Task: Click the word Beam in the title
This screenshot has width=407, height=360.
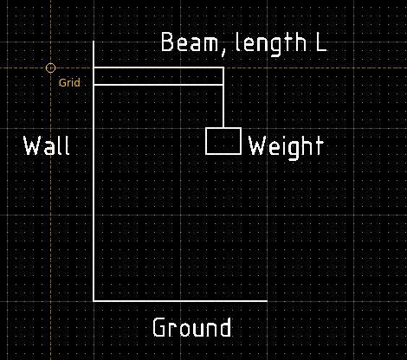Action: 189,42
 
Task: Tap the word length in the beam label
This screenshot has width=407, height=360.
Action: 271,44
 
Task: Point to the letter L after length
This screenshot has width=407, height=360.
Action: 321,42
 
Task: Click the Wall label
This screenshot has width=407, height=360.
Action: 46,145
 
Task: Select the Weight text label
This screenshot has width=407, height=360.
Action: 286,147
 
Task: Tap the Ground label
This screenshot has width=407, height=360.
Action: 191,327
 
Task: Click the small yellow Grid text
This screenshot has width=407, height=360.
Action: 69,83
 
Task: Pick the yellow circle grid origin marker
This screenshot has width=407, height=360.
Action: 50,68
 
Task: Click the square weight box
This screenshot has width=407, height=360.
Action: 223,128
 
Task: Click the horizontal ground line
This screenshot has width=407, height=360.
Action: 180,301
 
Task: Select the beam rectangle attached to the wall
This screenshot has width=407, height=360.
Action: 158,67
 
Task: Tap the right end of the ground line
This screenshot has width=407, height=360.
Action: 268,301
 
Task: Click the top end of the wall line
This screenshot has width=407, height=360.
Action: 94,42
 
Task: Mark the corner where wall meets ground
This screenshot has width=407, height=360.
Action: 94,301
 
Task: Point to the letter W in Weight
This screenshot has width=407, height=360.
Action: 256,145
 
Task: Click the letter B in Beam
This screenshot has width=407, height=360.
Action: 167,42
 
